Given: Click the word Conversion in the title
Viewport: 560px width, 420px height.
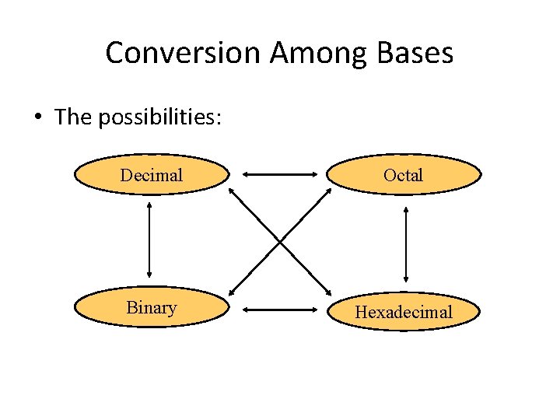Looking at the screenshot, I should pyautogui.click(x=184, y=53).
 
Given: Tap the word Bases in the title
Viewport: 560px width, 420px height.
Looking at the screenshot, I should pyautogui.click(x=414, y=53).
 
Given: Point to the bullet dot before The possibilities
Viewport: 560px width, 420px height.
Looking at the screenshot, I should pyautogui.click(x=37, y=117).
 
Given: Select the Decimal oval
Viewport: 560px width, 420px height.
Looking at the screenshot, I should pyautogui.click(x=152, y=175).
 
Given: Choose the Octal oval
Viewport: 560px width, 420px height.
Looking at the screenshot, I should pyautogui.click(x=403, y=175).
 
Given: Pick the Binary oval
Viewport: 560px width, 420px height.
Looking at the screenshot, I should pyautogui.click(x=152, y=307).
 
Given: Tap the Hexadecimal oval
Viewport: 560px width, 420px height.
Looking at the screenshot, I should pyautogui.click(x=403, y=312).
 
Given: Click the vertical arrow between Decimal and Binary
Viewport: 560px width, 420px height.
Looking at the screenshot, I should pyautogui.click(x=149, y=241).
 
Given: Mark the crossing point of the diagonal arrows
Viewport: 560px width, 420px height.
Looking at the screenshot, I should pyautogui.click(x=280, y=241).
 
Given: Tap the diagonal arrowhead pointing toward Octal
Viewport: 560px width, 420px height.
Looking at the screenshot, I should pyautogui.click(x=327, y=192).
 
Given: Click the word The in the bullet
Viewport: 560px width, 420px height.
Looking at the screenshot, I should pyautogui.click(x=73, y=117).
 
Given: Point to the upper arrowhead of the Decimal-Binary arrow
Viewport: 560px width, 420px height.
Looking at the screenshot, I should pyautogui.click(x=149, y=207).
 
